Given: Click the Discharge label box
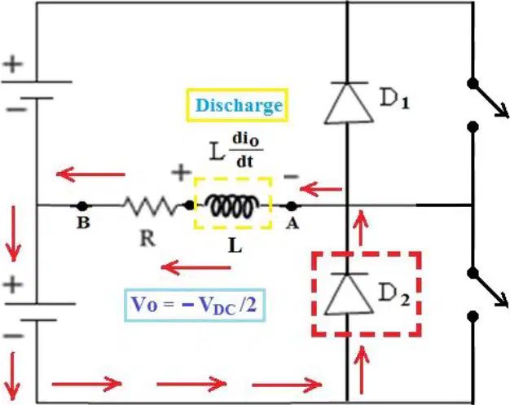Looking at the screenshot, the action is (x=237, y=105).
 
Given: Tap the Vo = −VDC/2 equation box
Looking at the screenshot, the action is (x=195, y=305).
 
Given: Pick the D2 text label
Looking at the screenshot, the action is (x=393, y=295).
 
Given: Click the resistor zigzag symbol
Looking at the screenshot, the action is (x=150, y=205).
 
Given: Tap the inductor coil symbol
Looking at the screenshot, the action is (x=233, y=205).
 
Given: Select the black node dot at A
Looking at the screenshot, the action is (x=292, y=206).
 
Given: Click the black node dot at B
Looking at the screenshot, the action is (x=82, y=206).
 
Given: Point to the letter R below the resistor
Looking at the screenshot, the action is (x=147, y=239).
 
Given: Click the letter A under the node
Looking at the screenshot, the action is (x=292, y=223).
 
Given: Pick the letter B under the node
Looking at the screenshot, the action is (x=83, y=222).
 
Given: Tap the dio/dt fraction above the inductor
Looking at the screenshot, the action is (x=246, y=151).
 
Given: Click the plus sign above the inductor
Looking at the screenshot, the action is (x=181, y=172).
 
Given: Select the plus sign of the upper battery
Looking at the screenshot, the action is (x=13, y=64).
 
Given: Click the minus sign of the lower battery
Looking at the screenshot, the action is (x=14, y=336).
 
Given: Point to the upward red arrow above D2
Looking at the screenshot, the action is (x=361, y=227).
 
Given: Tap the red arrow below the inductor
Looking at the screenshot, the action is (x=196, y=268).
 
